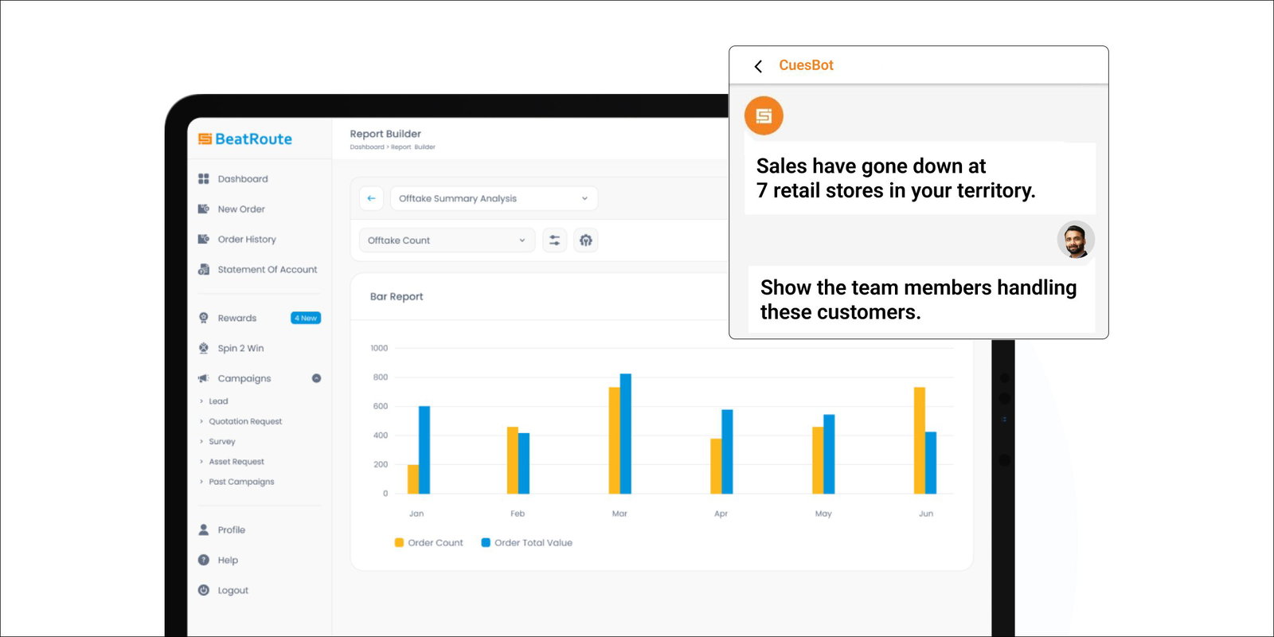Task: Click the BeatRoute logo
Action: coord(245,139)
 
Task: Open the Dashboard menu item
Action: coord(242,179)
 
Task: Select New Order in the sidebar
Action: coord(240,209)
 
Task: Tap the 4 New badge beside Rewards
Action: coord(306,318)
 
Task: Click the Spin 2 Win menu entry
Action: coord(240,348)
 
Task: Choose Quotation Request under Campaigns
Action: coord(245,421)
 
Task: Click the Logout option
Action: coord(233,590)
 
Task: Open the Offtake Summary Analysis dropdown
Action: coord(494,198)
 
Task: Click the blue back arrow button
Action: coord(371,198)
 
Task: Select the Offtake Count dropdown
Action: coord(446,240)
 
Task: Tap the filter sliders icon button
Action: coord(554,240)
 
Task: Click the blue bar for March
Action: coord(625,434)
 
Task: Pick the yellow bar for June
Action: coord(919,440)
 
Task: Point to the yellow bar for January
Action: coord(412,479)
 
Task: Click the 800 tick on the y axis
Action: coord(381,377)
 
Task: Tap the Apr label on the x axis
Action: coord(721,514)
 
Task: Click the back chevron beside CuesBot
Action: coord(758,66)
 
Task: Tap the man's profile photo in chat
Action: coord(1076,240)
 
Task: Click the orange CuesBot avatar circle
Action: coord(764,116)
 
